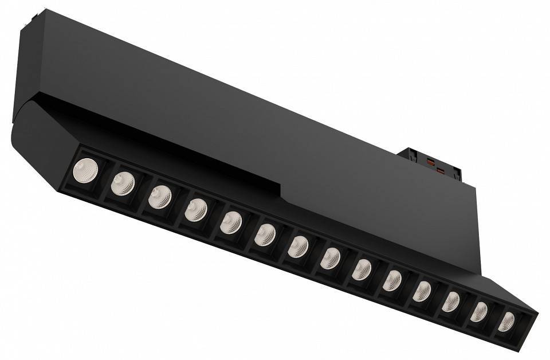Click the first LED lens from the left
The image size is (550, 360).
(85, 170)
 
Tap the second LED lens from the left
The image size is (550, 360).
(123, 183)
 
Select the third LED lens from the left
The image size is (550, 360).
(160, 197)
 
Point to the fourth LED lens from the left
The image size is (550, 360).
(196, 210)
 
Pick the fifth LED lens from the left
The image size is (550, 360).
(231, 222)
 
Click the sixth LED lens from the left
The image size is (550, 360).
(265, 234)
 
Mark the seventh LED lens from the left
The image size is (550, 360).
(298, 246)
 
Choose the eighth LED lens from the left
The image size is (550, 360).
(330, 258)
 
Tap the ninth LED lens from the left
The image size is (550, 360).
(362, 269)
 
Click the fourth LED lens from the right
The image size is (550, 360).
(422, 291)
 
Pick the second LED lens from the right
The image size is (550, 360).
(479, 312)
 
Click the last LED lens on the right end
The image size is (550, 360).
(506, 322)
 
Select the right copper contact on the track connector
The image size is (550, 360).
(441, 170)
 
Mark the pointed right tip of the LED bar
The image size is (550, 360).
(536, 315)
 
